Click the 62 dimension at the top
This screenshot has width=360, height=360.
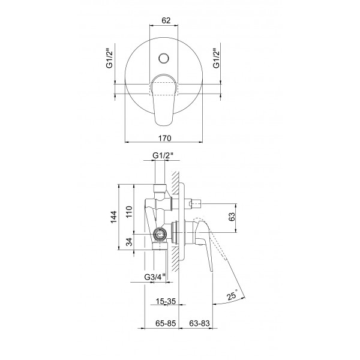pyautogui.click(x=166, y=20)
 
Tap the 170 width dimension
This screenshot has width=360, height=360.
pyautogui.click(x=164, y=138)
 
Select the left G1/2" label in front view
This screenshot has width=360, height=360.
pyautogui.click(x=110, y=58)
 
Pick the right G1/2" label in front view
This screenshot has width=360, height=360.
pyautogui.click(x=216, y=58)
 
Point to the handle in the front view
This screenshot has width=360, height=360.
pyautogui.click(x=163, y=100)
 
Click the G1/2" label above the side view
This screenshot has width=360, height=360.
pyautogui.click(x=163, y=155)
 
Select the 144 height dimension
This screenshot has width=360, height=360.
pyautogui.click(x=113, y=217)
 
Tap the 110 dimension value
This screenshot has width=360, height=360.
pyautogui.click(x=129, y=212)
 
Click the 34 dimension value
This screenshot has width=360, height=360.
pyautogui.click(x=130, y=242)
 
